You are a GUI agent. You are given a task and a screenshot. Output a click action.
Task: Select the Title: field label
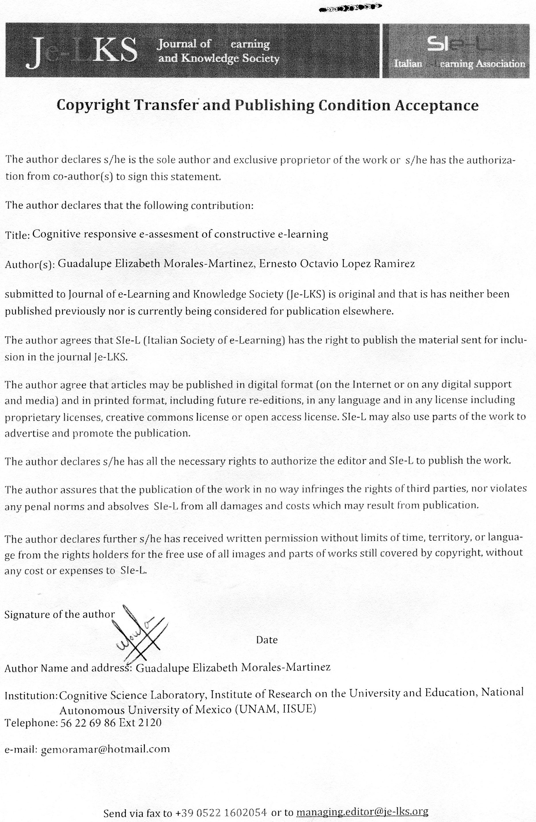tap(18, 236)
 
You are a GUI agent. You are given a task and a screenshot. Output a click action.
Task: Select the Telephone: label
tap(30, 723)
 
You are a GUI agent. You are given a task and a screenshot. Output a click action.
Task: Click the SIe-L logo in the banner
tap(456, 52)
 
